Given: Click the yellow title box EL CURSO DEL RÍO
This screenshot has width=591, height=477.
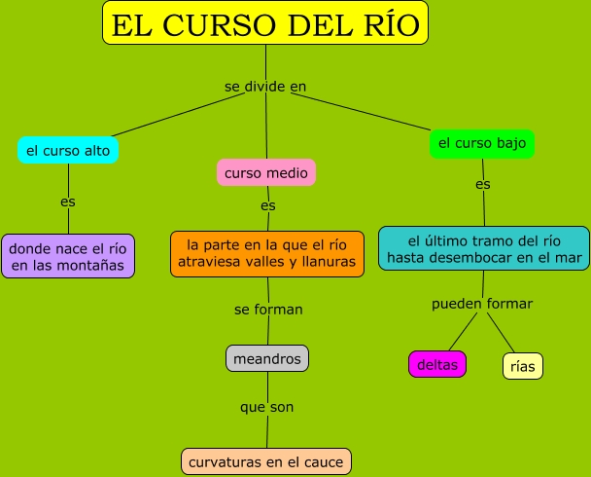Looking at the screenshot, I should (x=265, y=24).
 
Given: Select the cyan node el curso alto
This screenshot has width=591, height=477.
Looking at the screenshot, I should (x=68, y=150).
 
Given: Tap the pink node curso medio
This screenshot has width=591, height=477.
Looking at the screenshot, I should (x=266, y=173).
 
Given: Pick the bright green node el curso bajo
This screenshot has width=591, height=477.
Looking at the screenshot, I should (x=482, y=143).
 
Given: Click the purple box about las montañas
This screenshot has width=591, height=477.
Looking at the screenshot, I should (x=67, y=256).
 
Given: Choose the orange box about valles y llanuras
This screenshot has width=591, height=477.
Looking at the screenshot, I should (x=267, y=253).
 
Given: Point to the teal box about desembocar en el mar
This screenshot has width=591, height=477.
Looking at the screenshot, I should (x=483, y=249).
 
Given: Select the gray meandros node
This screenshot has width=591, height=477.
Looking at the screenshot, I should (x=267, y=357).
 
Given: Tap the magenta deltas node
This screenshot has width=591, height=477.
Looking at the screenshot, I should (x=437, y=364).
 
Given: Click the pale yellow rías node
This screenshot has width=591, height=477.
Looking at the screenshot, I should (x=522, y=365).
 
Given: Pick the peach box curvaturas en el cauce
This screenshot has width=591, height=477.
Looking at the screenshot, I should (x=266, y=461).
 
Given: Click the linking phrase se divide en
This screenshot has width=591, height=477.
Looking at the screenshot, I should (x=265, y=86).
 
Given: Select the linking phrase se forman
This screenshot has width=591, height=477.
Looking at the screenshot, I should (x=268, y=310).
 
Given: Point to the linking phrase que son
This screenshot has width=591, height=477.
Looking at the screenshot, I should (x=266, y=407).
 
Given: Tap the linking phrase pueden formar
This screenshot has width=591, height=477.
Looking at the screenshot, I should (x=482, y=304).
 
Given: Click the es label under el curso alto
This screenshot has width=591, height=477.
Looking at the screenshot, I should (x=67, y=202).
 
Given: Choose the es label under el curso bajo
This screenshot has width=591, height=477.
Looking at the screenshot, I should (x=483, y=184).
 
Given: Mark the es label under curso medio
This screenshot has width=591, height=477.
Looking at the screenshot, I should (x=268, y=205).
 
